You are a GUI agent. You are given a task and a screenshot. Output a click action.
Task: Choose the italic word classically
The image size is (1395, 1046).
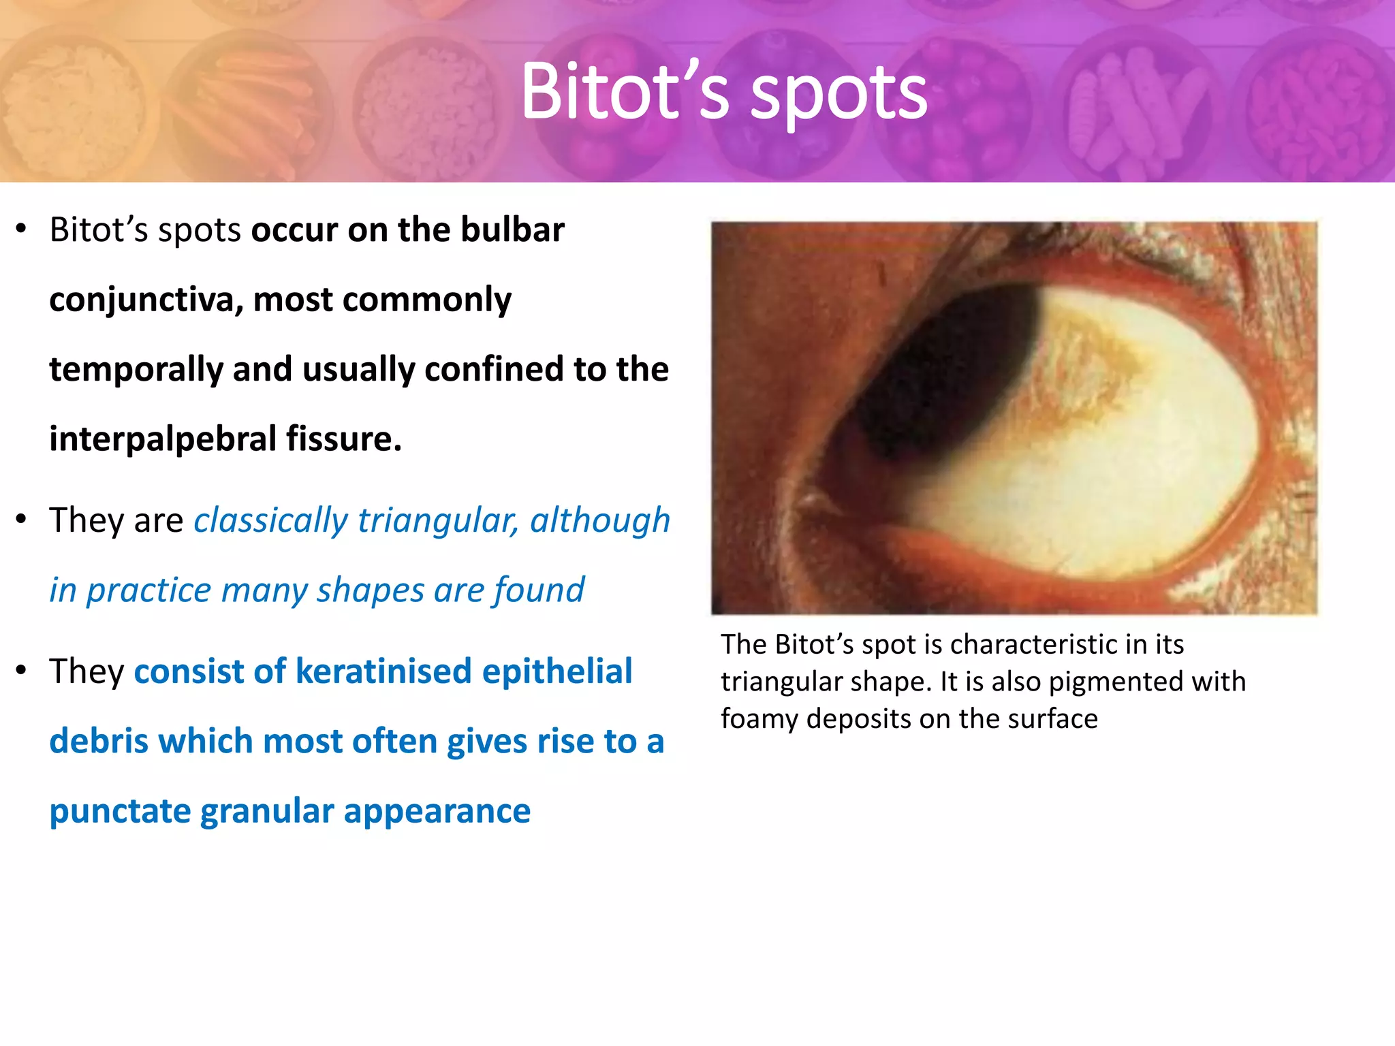point(270,521)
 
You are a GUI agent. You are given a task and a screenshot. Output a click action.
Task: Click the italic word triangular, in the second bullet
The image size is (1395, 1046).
point(438,521)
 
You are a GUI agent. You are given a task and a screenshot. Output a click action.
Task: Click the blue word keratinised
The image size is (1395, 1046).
point(383,672)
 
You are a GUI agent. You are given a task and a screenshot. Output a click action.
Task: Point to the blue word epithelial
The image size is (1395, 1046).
point(557,672)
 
